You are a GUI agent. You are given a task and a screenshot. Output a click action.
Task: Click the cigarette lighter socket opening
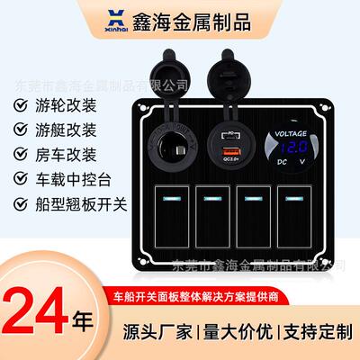point(174,147)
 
